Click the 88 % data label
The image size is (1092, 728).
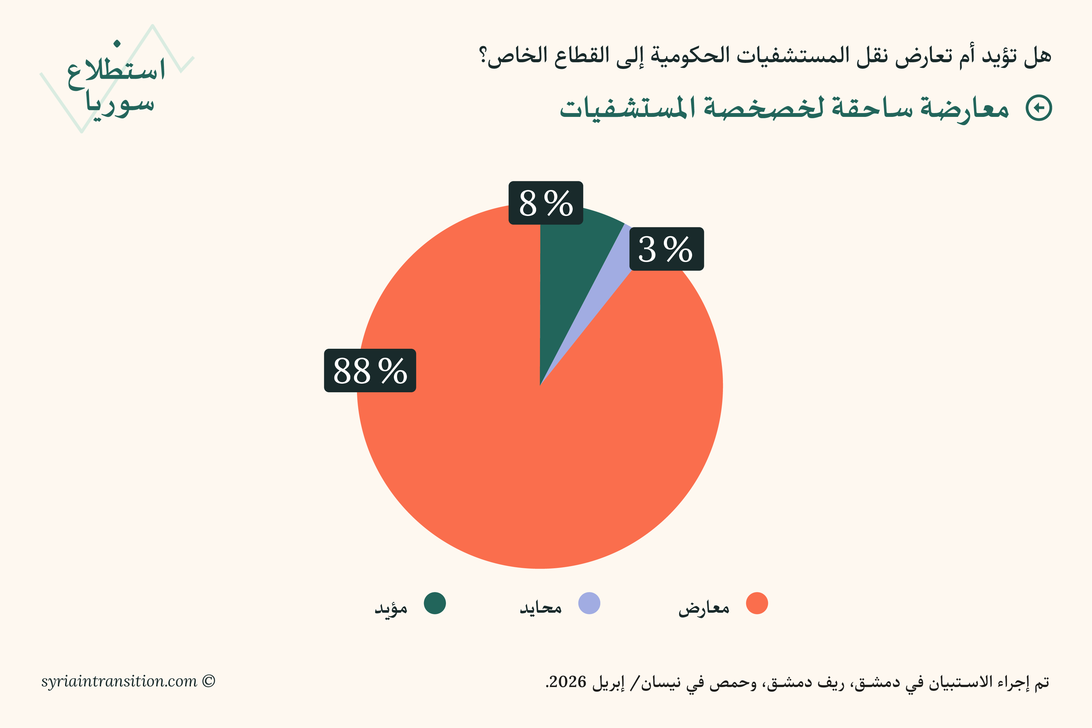370,370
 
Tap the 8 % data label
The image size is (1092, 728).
546,203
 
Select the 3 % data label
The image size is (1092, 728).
666,249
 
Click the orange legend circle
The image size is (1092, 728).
757,603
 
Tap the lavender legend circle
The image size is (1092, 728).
589,603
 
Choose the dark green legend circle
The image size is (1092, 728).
435,603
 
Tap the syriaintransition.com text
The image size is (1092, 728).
119,681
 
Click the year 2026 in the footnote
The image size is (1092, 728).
568,682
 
